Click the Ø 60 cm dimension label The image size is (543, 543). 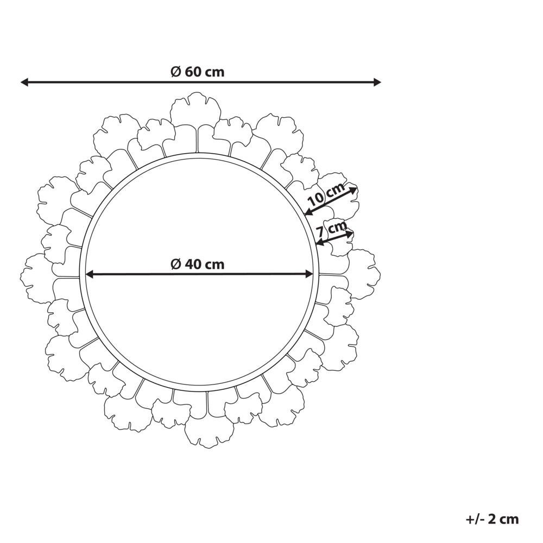click(x=198, y=72)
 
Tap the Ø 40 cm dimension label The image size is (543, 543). click(x=198, y=264)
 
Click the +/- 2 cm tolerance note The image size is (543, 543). click(x=492, y=519)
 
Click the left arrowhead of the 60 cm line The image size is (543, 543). click(x=24, y=82)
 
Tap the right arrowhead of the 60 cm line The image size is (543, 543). click(x=377, y=82)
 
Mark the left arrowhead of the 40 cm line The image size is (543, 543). click(x=90, y=275)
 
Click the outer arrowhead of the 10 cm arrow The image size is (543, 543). click(x=353, y=190)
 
